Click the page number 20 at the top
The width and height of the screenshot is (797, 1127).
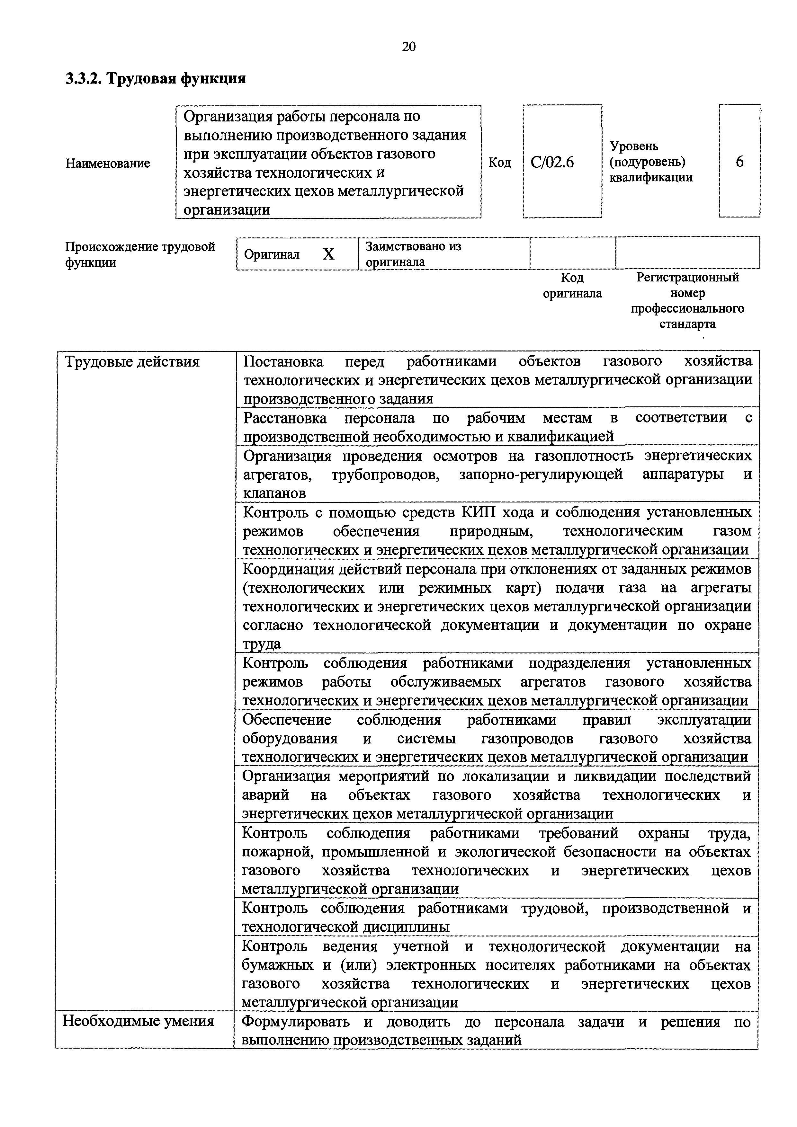[408, 47]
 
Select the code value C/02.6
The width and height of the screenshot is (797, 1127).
[552, 162]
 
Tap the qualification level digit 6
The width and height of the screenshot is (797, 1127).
[739, 162]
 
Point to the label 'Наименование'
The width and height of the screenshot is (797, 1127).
[108, 163]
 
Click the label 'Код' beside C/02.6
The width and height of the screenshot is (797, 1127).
[499, 163]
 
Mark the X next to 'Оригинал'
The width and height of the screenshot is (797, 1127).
[328, 254]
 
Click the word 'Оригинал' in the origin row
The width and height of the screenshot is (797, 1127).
[272, 254]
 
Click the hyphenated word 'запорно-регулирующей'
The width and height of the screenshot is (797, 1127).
[541, 475]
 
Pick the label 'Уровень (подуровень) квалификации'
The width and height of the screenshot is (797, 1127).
[651, 162]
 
